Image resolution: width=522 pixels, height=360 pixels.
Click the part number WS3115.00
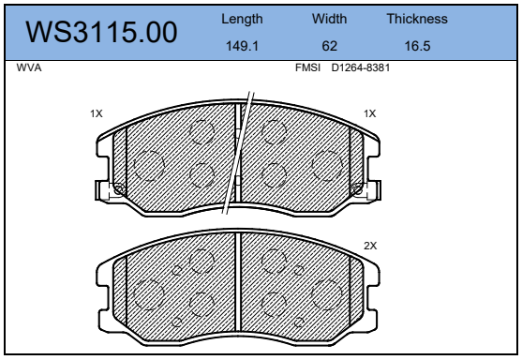point(101,32)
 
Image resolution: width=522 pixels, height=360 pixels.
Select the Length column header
point(242,20)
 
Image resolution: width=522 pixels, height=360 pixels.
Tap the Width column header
point(329,19)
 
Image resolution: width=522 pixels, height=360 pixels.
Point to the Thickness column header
point(417,19)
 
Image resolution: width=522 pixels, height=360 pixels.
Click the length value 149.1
point(242,46)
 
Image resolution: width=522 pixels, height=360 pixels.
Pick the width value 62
point(330,46)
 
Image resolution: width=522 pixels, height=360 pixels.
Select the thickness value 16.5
point(417,46)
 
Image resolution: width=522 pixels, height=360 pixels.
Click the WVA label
point(29,67)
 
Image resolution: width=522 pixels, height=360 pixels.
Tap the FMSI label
point(307,67)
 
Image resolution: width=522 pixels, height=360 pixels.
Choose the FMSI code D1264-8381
point(361,67)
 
